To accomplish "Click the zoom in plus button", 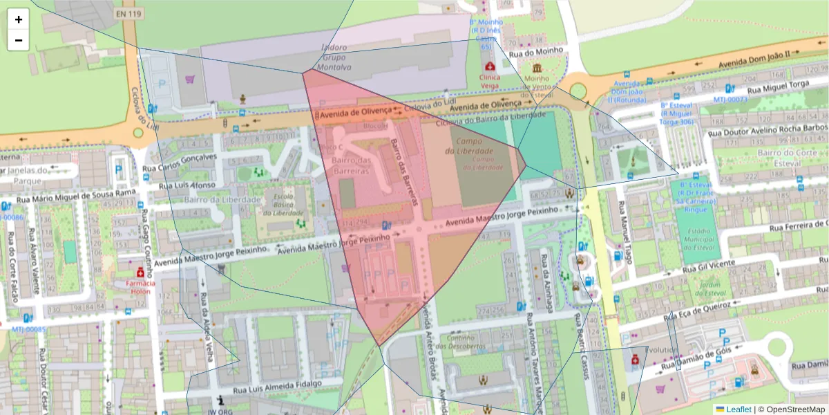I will pyautogui.click(x=19, y=19).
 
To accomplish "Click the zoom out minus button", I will pyautogui.click(x=19, y=40).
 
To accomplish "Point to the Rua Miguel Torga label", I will pyautogui.click(x=781, y=84).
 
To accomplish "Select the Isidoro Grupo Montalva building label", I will pyautogui.click(x=334, y=57).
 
